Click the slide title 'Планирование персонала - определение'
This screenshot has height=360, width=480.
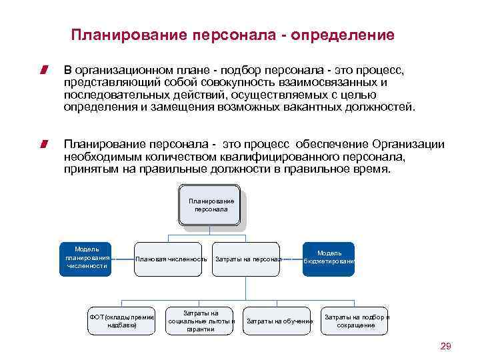[233, 34]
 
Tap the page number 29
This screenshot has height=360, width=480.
[446, 345]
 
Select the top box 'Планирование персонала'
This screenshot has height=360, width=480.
[211, 205]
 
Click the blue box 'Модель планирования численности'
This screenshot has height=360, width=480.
[87, 257]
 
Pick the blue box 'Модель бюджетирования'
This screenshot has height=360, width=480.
[329, 257]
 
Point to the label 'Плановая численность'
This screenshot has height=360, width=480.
[171, 259]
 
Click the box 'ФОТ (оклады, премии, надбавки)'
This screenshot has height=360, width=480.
[122, 321]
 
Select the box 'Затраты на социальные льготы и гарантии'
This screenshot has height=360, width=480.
[201, 321]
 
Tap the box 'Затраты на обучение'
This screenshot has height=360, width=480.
[279, 321]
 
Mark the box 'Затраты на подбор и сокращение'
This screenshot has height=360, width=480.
[356, 321]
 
